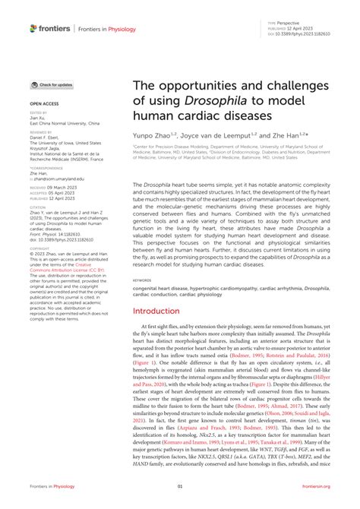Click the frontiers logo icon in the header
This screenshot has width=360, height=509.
pos(34,29)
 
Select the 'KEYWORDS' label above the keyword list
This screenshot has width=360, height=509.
pos(142,258)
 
